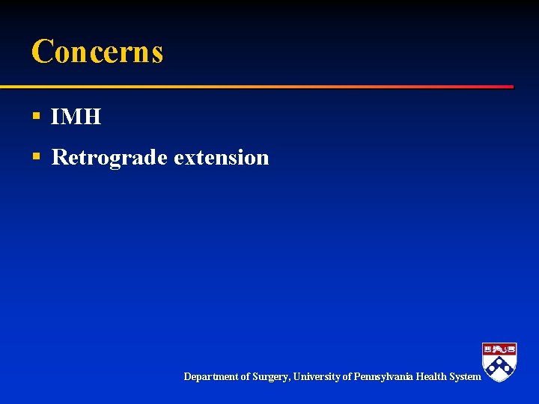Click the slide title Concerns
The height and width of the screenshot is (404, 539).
[97, 52]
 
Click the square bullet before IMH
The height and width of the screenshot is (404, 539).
[35, 117]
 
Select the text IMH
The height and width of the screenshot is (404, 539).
[76, 117]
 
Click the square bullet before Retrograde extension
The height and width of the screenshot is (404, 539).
[35, 156]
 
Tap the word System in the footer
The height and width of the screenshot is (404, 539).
[464, 377]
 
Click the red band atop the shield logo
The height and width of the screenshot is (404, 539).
[499, 348]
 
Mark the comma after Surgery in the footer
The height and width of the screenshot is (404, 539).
[289, 379]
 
